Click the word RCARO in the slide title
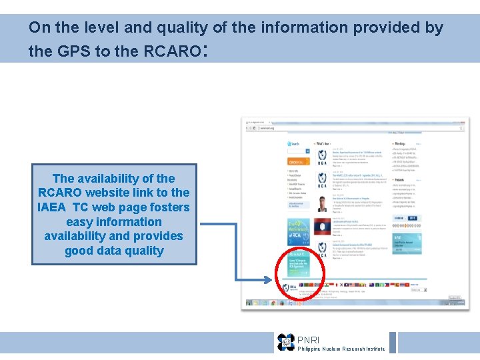(170, 51)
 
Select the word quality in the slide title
(180, 27)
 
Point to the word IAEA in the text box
(53, 207)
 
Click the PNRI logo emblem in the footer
(286, 343)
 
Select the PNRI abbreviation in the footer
(308, 340)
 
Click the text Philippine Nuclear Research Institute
(341, 349)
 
